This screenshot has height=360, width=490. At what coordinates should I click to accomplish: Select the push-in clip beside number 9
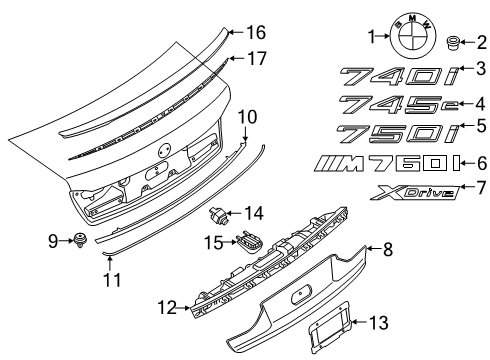coord(77,240)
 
